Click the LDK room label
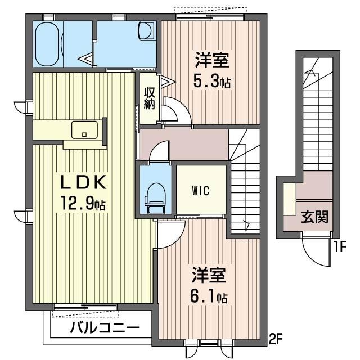[x=83, y=182]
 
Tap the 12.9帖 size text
[x=83, y=203]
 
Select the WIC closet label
[x=201, y=191]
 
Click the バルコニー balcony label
[x=105, y=328]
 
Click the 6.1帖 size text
[x=209, y=296]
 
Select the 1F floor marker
[x=340, y=246]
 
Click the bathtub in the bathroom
[x=47, y=44]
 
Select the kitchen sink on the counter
[x=84, y=130]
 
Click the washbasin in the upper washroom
[x=146, y=31]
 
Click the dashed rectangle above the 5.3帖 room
[x=210, y=10]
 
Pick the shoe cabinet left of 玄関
[x=290, y=199]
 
